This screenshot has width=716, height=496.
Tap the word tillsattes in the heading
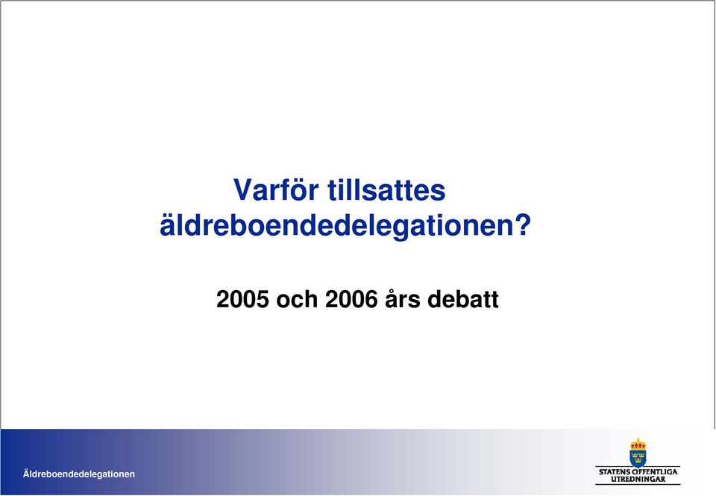click(386, 189)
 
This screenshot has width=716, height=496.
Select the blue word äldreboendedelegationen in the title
click(336, 226)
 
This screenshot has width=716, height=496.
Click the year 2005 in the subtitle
click(242, 300)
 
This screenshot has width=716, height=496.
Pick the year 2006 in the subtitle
click(351, 300)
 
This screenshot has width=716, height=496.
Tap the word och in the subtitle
click(297, 300)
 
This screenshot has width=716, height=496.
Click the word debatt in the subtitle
click(463, 299)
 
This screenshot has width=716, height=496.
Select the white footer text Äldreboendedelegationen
click(79, 474)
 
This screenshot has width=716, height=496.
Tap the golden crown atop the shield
click(638, 444)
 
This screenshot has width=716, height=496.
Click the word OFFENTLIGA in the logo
click(655, 472)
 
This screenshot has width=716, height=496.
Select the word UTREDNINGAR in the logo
click(638, 479)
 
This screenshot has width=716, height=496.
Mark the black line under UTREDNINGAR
click(638, 484)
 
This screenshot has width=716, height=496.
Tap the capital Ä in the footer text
click(27, 473)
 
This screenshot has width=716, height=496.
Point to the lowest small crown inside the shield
click(638, 462)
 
